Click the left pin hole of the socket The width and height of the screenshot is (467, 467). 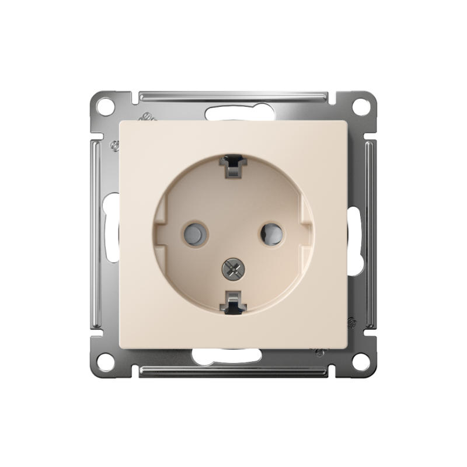tap(195, 233)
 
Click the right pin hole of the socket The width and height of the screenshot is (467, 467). tap(271, 233)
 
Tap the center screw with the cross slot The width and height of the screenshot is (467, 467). tap(233, 268)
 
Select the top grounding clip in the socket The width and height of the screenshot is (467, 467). tap(233, 166)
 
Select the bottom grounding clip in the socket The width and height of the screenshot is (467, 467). tap(233, 301)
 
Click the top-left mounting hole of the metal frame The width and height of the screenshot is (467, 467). tap(106, 107)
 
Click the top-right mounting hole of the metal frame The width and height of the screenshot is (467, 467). tap(361, 107)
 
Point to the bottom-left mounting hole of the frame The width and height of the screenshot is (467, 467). tap(106, 361)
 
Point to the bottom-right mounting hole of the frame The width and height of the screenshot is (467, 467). tap(361, 361)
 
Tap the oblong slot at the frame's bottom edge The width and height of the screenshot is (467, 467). tap(233, 356)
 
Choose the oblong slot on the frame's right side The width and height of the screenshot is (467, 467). tap(355, 239)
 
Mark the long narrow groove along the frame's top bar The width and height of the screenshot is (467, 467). tap(233, 95)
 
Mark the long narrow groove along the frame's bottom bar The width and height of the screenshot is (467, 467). tap(233, 371)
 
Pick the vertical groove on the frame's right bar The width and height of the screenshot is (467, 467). tap(370, 233)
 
